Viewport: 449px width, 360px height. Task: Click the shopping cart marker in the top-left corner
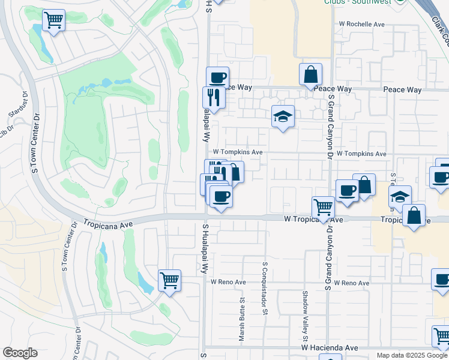point(54,21)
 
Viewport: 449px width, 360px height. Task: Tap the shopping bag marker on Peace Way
point(311,75)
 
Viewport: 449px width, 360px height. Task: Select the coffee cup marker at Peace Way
point(217,78)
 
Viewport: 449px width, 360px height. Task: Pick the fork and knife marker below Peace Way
point(214,97)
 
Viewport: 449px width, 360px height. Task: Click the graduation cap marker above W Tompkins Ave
point(283,117)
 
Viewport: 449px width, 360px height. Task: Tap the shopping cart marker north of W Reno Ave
point(169,280)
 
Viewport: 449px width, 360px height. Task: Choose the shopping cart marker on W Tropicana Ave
point(324,208)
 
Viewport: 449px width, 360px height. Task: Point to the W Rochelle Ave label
point(361,25)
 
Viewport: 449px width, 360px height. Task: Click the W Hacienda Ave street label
point(330,348)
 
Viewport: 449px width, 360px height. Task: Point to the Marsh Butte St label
point(242,320)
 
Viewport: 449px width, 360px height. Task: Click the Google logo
point(20,353)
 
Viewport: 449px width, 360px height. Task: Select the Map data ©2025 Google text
point(411,355)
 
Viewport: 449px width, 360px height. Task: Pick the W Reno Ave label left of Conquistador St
point(228,282)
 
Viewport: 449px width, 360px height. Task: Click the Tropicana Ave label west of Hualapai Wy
point(106,221)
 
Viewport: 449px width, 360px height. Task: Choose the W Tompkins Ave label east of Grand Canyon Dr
point(361,154)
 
